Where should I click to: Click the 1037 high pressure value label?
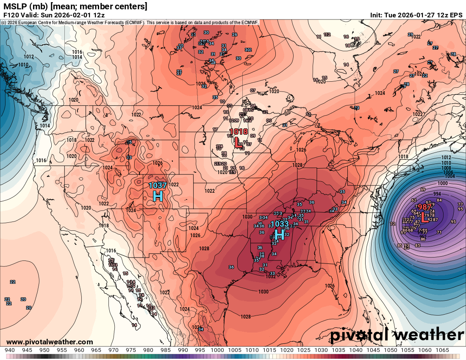158,185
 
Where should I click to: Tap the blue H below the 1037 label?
158,196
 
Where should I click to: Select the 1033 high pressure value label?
279,224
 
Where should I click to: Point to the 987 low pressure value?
424,207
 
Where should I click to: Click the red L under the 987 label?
424,217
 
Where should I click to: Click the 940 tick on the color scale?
10,350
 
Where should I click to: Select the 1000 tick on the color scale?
217,350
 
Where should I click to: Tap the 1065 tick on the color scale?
442,350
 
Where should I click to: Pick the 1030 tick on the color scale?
321,350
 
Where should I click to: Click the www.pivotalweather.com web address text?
50,342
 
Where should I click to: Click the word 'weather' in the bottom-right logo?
428,335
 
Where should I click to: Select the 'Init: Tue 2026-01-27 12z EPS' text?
416,15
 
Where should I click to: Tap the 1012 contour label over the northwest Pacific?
29,57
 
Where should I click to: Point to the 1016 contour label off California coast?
41,161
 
